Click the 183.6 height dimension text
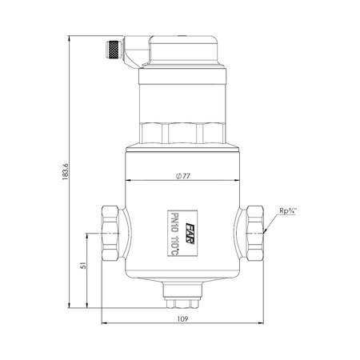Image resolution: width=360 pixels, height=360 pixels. tap(66, 172)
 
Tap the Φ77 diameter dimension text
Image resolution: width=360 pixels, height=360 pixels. tap(183, 176)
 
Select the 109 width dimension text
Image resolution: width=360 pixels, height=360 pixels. tap(182, 318)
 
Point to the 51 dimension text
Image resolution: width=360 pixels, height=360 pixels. tap(83, 266)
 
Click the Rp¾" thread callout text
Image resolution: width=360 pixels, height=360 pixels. tap(288, 210)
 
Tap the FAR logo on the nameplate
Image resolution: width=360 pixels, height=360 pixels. tap(190, 234)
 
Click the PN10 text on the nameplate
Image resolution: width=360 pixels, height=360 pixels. tap(174, 223)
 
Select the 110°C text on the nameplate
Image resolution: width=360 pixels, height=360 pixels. tap(174, 245)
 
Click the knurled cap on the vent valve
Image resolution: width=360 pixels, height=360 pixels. tap(114, 50)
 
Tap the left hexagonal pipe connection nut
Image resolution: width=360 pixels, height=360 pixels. tap(110, 233)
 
